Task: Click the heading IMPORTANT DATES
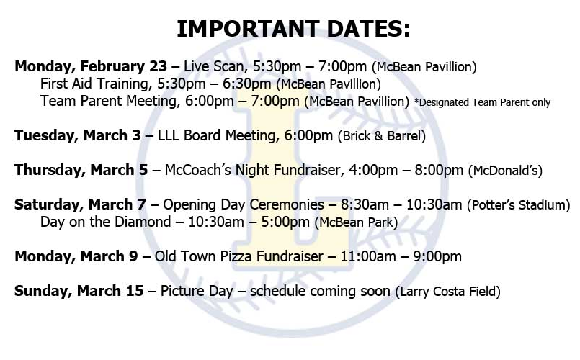click(293, 29)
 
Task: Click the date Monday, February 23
click(91, 67)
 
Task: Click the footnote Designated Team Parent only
click(482, 102)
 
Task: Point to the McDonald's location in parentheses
click(505, 171)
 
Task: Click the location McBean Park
click(359, 223)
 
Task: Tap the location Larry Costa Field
click(447, 292)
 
